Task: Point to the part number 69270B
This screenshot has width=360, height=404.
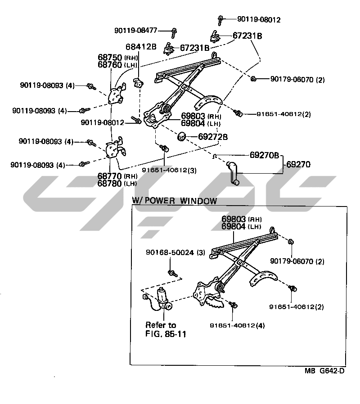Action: pyautogui.click(x=265, y=155)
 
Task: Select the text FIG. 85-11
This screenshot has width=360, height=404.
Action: pyautogui.click(x=166, y=334)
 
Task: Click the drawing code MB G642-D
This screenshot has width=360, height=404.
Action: pyautogui.click(x=325, y=371)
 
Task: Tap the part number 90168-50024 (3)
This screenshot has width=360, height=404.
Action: pyautogui.click(x=175, y=253)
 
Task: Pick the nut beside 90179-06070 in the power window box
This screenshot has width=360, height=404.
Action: pyautogui.click(x=290, y=242)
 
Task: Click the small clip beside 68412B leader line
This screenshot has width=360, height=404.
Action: pyautogui.click(x=139, y=82)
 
